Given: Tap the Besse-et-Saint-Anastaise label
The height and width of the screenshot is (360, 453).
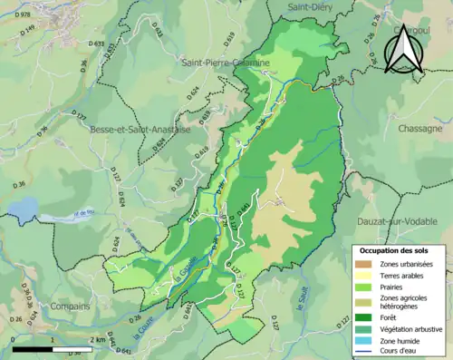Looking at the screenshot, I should [140, 130].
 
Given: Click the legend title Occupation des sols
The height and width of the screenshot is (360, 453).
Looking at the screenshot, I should [394, 249].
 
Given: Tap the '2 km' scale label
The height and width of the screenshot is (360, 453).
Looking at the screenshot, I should [98, 341].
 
